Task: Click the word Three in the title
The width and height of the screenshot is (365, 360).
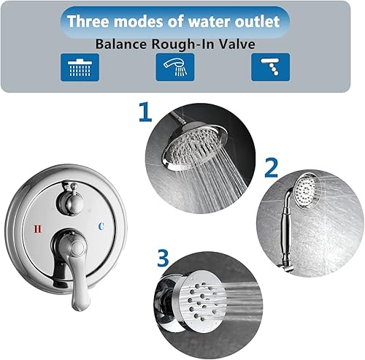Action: [x=89, y=20]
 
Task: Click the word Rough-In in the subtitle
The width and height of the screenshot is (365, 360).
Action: [x=188, y=43]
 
